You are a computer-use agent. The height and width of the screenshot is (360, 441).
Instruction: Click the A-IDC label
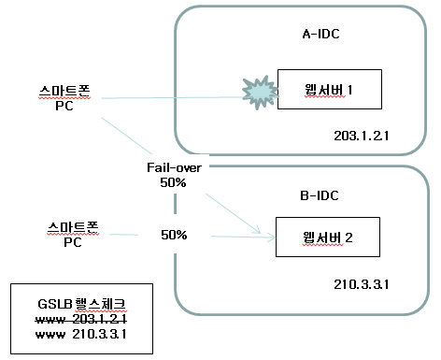pyautogui.click(x=320, y=34)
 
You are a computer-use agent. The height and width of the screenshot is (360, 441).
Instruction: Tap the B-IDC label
pyautogui.click(x=320, y=195)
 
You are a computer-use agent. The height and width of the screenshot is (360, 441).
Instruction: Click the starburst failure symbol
pyautogui.click(x=260, y=92)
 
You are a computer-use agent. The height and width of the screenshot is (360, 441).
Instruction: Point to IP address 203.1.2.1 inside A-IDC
pyautogui.click(x=362, y=136)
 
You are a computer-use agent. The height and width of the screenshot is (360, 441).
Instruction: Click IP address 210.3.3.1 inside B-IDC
pyautogui.click(x=362, y=284)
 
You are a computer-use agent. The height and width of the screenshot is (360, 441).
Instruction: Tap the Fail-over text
pyautogui.click(x=174, y=167)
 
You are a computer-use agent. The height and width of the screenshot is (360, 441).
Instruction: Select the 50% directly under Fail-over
pyautogui.click(x=173, y=182)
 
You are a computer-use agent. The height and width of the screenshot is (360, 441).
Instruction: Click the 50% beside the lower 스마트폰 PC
pyautogui.click(x=174, y=235)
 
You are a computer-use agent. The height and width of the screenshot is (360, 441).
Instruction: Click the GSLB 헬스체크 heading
pyautogui.click(x=82, y=304)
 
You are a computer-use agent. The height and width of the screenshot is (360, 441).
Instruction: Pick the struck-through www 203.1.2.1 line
pyautogui.click(x=81, y=319)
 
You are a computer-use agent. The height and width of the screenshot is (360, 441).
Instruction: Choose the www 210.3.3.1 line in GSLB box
pyautogui.click(x=81, y=334)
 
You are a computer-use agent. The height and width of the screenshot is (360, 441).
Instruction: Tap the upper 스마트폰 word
pyautogui.click(x=64, y=91)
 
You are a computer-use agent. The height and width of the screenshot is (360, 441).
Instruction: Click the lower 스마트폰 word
pyautogui.click(x=73, y=227)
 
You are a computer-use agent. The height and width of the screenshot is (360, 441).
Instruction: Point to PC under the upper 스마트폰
pyautogui.click(x=64, y=106)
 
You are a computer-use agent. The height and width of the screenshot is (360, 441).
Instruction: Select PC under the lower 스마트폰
pyautogui.click(x=73, y=242)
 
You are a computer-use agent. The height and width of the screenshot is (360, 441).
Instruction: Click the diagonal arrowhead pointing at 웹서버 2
pyautogui.click(x=257, y=230)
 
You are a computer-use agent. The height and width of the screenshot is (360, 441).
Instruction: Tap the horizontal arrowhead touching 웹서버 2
pyautogui.click(x=271, y=238)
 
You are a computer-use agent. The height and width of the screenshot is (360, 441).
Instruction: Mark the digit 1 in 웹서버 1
pyautogui.click(x=350, y=90)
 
